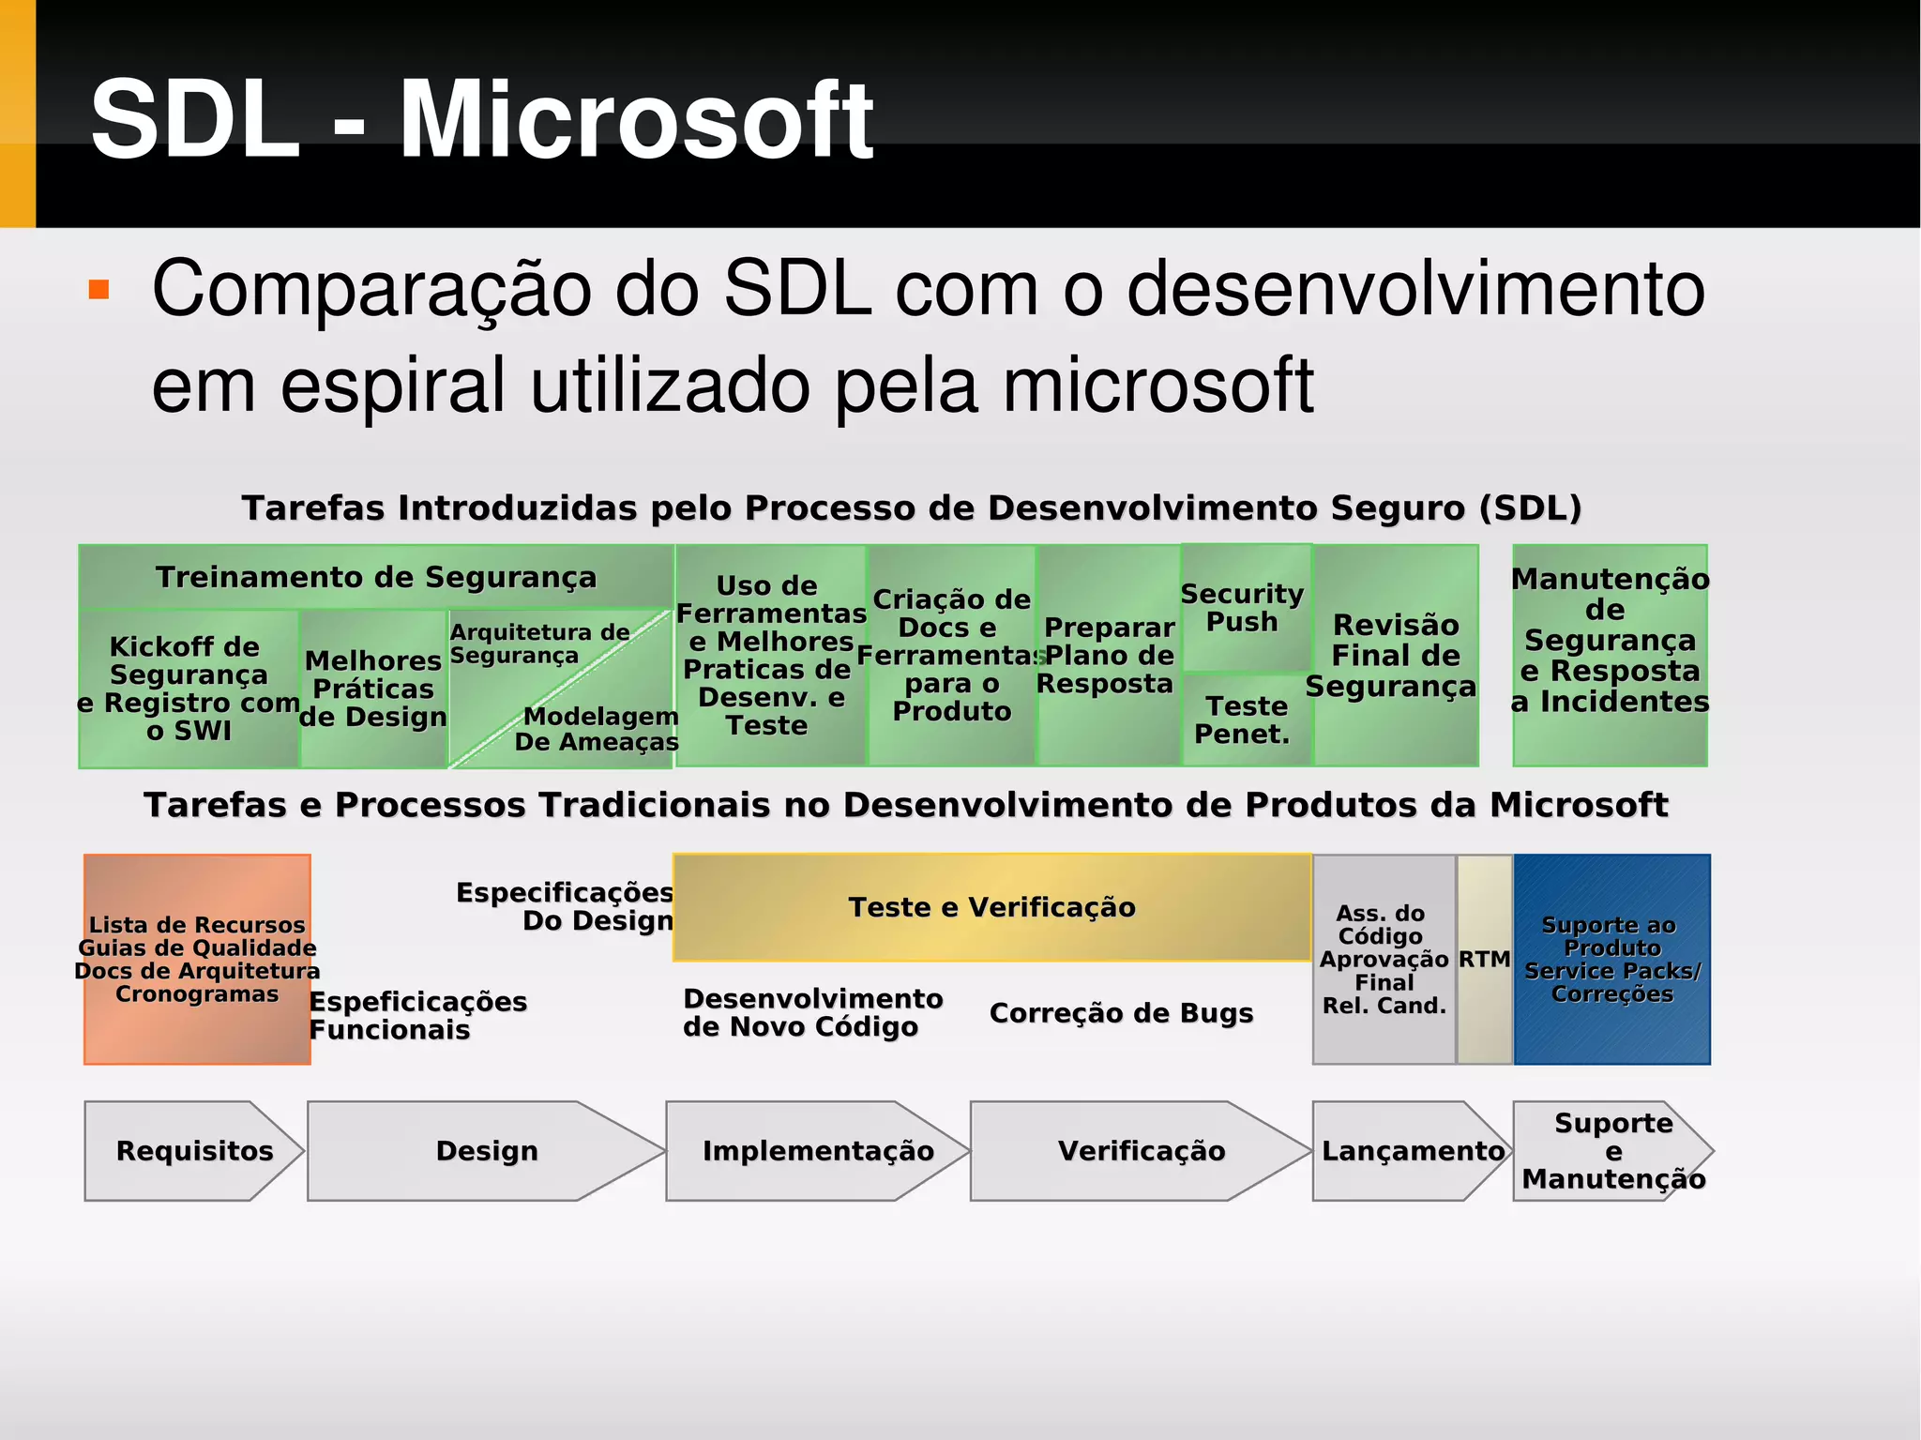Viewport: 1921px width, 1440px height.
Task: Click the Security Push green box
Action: click(1244, 608)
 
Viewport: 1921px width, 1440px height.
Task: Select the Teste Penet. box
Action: click(1244, 720)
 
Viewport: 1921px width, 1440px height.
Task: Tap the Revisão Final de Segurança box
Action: click(1394, 655)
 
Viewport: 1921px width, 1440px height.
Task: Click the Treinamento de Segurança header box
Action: click(375, 577)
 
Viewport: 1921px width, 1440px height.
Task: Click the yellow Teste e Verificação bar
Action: click(991, 907)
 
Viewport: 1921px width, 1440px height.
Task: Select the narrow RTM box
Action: click(1484, 959)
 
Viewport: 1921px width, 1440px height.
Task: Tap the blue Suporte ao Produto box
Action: click(1611, 959)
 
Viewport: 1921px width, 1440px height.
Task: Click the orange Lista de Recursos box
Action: click(197, 959)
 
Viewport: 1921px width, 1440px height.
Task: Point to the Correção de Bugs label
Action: click(1121, 1013)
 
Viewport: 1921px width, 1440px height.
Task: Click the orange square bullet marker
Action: click(98, 289)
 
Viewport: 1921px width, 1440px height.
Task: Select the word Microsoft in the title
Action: click(636, 120)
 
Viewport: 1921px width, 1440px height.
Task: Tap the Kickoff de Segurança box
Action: click(188, 688)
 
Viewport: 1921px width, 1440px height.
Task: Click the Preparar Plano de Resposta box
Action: click(1107, 655)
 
